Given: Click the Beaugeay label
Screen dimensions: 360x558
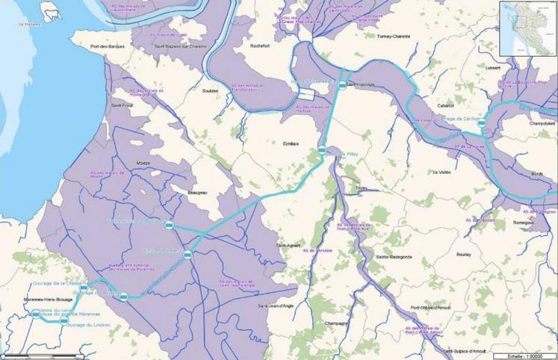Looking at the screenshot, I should [191, 193].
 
